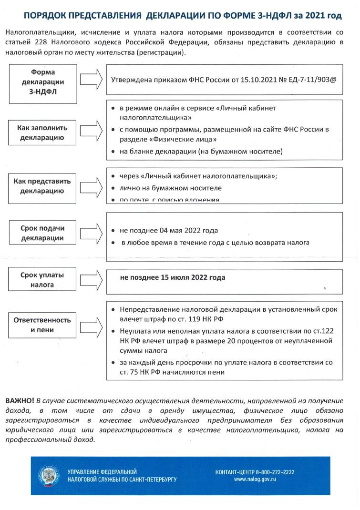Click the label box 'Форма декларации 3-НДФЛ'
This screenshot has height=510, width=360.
tap(43, 82)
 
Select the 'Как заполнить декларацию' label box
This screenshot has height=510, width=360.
tap(43, 133)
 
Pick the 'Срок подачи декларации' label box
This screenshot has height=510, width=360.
tap(43, 233)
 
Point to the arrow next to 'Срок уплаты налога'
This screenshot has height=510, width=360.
tap(92, 277)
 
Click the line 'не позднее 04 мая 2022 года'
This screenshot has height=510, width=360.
tap(169, 230)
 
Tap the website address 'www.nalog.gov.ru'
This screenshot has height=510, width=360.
tap(255, 479)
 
